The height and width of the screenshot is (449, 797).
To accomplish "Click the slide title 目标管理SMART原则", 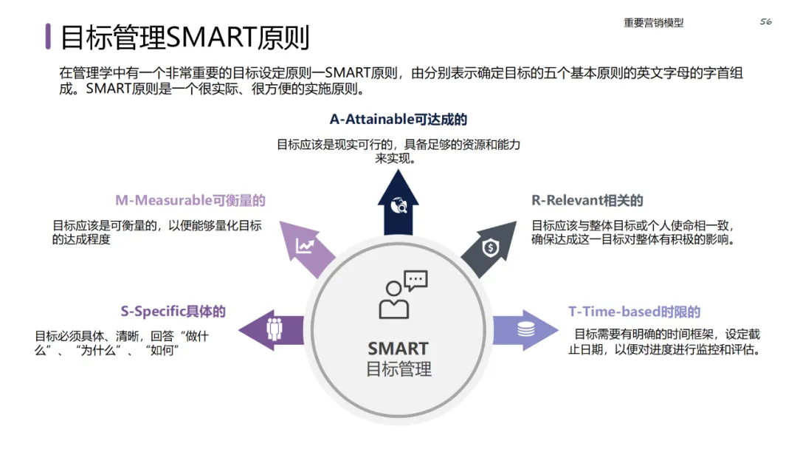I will pyautogui.click(x=184, y=37).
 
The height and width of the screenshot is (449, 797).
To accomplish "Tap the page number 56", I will pyautogui.click(x=765, y=22).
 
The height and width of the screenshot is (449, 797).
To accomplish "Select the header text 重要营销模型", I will pyautogui.click(x=653, y=23).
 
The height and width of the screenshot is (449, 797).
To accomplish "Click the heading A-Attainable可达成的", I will pyautogui.click(x=398, y=120).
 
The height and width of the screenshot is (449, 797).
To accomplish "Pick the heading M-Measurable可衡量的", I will pyautogui.click(x=190, y=200).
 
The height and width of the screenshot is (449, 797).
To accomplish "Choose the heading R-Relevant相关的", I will pyautogui.click(x=587, y=200).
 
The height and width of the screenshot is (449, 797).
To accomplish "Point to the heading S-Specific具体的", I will pyautogui.click(x=173, y=312).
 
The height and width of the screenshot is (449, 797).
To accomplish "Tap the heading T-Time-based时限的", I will pyautogui.click(x=634, y=312).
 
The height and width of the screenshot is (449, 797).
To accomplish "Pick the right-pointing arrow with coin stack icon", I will pyautogui.click(x=525, y=329).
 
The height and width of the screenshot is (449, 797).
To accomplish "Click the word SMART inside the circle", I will pyautogui.click(x=398, y=349).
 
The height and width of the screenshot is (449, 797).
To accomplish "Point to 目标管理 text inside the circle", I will pyautogui.click(x=398, y=369).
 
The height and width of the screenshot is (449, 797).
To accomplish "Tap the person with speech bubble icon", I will pyautogui.click(x=402, y=294).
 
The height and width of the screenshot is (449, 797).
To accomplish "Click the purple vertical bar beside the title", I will pyautogui.click(x=48, y=36).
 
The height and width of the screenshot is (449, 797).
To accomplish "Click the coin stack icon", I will pyautogui.click(x=525, y=329).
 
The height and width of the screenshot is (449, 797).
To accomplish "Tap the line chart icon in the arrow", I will pyautogui.click(x=305, y=247).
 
